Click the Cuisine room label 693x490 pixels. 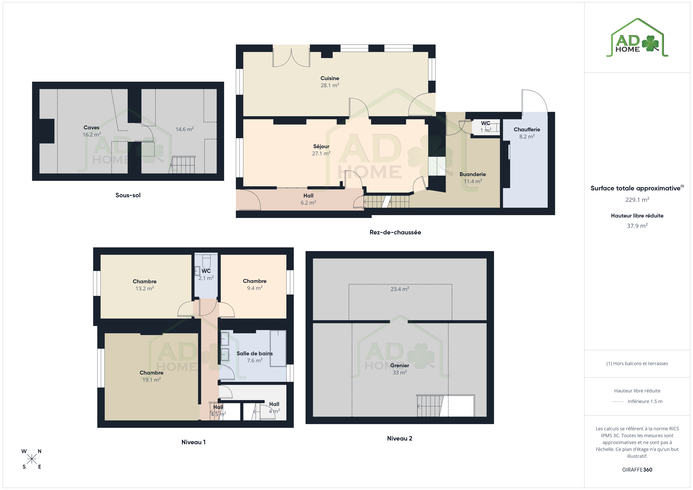point(330,78)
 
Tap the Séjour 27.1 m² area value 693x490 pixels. point(321,153)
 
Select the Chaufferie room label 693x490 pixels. point(527,129)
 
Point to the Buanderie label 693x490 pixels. point(473,174)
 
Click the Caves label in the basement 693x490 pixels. point(92,127)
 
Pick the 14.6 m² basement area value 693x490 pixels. point(185,129)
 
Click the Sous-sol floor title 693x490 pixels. point(128,195)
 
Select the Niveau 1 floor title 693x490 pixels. point(193,442)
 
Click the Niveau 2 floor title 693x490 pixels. point(400,438)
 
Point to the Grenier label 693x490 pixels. point(400,365)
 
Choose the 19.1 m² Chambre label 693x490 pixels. point(151,376)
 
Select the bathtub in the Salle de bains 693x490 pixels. point(278,348)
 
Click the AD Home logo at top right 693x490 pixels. point(637,38)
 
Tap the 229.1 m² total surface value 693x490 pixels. point(637,200)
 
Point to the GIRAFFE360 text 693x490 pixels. point(637,470)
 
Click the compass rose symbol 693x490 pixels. point(32,459)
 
